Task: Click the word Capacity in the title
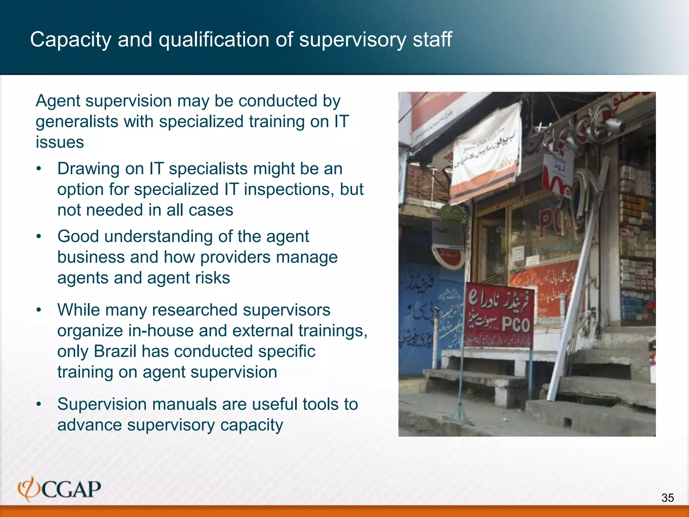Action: click(x=71, y=40)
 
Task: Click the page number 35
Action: click(x=667, y=497)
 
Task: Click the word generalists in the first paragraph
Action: click(x=77, y=122)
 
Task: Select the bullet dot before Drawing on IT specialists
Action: click(x=39, y=169)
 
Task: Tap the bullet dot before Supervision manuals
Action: click(x=39, y=404)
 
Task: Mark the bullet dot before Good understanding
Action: click(x=39, y=237)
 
